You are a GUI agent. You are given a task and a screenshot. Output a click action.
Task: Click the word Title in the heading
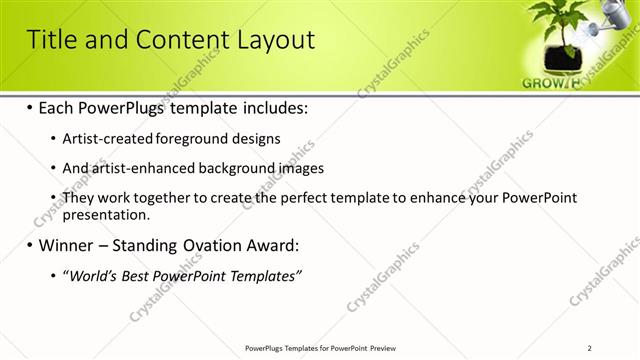(49, 40)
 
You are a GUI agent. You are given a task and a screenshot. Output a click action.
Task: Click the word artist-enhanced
(137, 168)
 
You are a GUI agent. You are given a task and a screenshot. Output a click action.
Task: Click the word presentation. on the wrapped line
(106, 214)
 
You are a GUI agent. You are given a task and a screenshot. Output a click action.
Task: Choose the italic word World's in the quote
(91, 276)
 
